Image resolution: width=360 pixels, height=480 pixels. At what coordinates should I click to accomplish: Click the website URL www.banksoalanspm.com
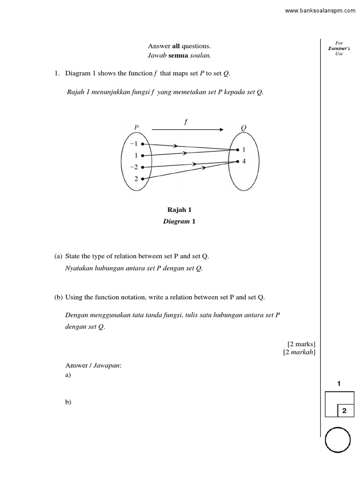pos(320,11)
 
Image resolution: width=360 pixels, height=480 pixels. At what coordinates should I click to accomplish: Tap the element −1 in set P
pos(134,144)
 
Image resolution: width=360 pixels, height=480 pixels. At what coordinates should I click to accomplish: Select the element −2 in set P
pos(134,167)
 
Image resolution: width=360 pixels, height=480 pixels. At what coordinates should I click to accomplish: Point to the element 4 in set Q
pos(244,162)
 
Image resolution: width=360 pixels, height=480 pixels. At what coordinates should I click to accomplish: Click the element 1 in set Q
pos(244,150)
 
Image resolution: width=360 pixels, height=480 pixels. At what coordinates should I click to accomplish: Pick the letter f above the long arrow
pos(186,122)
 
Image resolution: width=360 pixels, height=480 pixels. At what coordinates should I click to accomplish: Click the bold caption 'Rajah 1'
pos(180,210)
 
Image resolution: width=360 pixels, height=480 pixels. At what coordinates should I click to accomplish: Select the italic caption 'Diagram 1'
pos(179,221)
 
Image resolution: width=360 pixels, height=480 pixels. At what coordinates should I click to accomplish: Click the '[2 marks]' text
pos(301,344)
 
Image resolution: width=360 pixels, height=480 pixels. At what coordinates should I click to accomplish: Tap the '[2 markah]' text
pos(299,352)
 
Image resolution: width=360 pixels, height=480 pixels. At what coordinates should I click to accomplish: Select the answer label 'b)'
pos(68,402)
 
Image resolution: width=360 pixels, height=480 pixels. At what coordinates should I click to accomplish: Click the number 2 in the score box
pos(344,411)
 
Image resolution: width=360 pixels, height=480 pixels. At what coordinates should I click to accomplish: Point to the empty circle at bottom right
pos(337,440)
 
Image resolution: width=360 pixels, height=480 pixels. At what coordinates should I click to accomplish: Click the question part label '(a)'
pos(59,256)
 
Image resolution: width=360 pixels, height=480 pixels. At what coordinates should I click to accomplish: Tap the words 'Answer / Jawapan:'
pos(93,365)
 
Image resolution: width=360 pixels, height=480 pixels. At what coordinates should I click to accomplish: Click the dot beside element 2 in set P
pos(142,179)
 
